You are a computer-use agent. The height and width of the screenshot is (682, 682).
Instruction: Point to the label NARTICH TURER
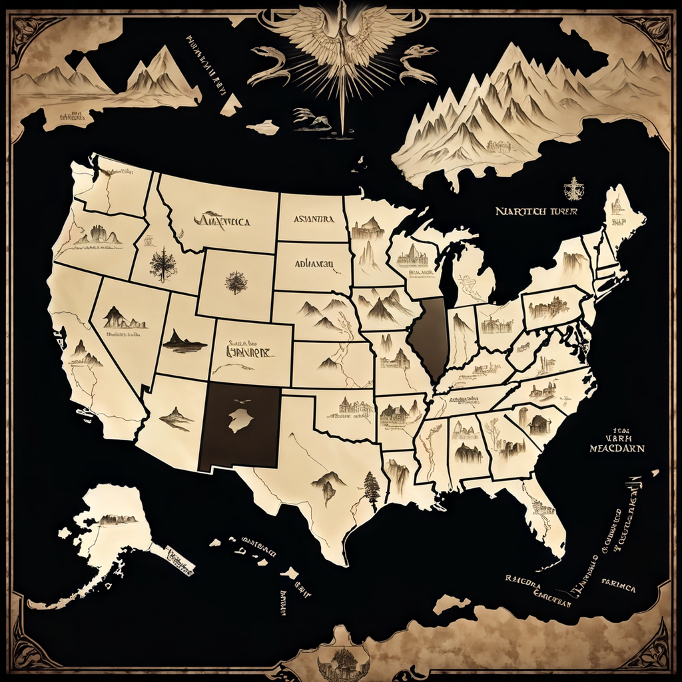[x=535, y=211]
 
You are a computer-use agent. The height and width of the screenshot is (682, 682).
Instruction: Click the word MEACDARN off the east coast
[x=617, y=448]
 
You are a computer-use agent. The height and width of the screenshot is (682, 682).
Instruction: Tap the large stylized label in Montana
[x=222, y=220]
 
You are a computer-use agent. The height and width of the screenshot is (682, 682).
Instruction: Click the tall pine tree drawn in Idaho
[x=163, y=264]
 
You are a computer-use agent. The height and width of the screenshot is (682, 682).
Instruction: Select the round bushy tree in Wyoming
[x=236, y=282]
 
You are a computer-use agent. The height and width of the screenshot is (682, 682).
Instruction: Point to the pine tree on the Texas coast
[x=372, y=490]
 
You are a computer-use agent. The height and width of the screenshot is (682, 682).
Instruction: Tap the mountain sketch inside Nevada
[x=123, y=318]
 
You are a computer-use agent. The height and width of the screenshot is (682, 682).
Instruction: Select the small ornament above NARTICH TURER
[x=573, y=189]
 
